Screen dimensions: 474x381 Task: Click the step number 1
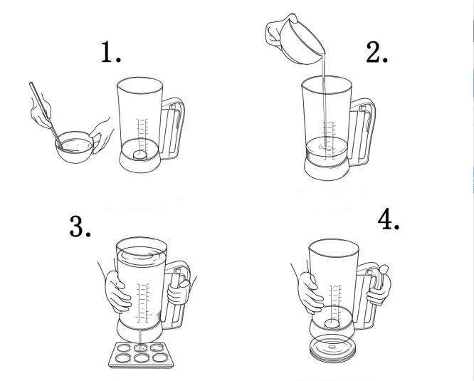(x=110, y=52)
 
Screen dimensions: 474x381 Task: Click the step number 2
(x=376, y=52)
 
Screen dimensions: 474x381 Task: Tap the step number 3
(x=80, y=226)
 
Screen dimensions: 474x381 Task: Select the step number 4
(x=389, y=220)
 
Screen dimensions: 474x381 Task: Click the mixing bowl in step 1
(x=74, y=147)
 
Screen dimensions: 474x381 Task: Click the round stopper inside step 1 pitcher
(x=140, y=155)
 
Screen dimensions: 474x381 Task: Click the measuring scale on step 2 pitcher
(x=329, y=140)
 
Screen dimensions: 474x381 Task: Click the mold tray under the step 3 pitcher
(x=141, y=355)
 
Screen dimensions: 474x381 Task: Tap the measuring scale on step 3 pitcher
(x=142, y=303)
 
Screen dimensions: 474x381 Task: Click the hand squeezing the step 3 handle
(x=179, y=291)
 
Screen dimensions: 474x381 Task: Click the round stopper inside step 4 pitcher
(x=332, y=324)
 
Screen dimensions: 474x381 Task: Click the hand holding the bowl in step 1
(x=102, y=135)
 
